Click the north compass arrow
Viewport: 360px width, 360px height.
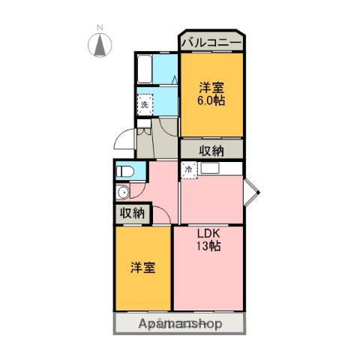(x=99, y=46)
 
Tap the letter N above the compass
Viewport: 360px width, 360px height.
(x=99, y=28)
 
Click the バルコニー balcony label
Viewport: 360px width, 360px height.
(x=210, y=43)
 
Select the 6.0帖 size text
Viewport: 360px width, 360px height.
(x=212, y=100)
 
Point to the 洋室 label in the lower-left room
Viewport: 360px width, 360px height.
(x=142, y=266)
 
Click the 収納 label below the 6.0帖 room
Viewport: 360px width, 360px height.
(x=212, y=149)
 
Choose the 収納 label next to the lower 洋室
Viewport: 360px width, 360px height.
(x=132, y=213)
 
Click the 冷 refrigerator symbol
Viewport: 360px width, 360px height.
(x=189, y=170)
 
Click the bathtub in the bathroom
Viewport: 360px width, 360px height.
(x=145, y=71)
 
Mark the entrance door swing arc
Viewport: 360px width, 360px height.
(x=124, y=141)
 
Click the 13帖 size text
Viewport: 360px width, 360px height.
(x=208, y=246)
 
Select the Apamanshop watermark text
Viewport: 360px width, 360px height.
(x=180, y=324)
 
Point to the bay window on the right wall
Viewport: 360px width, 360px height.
(x=252, y=192)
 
